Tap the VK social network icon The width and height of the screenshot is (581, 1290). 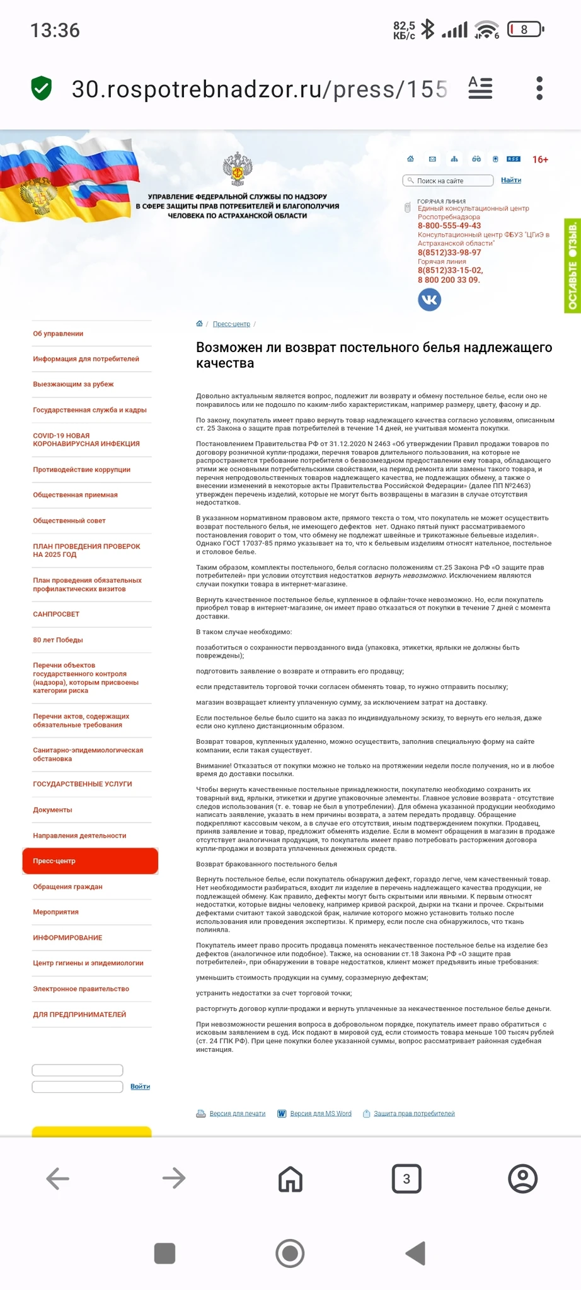coord(429,300)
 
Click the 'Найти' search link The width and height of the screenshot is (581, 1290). coord(510,180)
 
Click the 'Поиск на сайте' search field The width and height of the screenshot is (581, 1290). coord(449,181)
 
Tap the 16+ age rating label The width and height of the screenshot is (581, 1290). coord(540,159)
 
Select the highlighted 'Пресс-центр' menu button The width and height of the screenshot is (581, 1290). coord(90,860)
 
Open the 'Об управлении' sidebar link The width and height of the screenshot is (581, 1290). coord(58,334)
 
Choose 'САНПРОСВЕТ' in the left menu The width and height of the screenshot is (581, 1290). coord(56,614)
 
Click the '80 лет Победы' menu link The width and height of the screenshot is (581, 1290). coord(58,640)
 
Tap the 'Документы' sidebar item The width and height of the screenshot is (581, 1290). coord(52,810)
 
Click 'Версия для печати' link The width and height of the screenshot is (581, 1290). coord(237,1113)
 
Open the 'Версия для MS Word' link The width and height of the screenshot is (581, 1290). coord(320,1113)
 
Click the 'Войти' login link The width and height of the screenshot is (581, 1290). coord(140,1087)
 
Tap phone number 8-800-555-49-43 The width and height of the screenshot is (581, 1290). coord(449,225)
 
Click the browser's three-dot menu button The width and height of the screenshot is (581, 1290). coord(539,88)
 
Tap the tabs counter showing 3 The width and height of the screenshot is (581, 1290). coord(406,1179)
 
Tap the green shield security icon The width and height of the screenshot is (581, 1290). coord(42,88)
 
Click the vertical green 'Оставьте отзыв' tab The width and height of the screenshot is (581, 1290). coord(572,265)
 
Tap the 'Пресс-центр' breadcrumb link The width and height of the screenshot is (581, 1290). coord(231,324)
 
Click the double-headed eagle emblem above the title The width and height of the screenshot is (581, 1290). coord(238,169)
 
